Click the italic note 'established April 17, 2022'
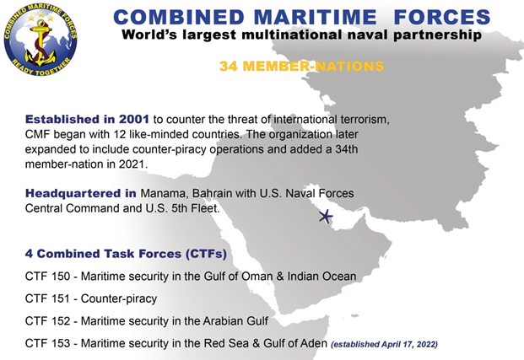coord(384,344)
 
